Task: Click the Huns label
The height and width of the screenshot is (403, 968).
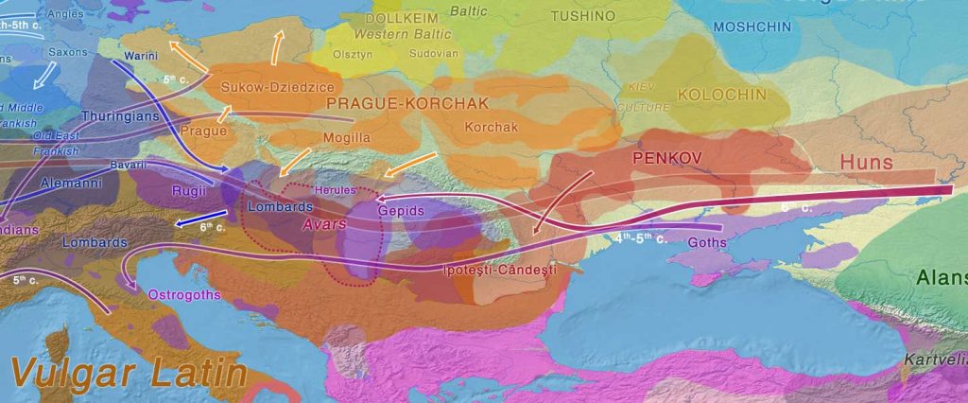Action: (866, 163)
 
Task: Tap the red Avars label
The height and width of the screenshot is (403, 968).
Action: (324, 225)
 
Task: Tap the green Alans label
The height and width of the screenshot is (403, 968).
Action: (940, 278)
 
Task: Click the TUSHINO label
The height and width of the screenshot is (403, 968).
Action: (582, 17)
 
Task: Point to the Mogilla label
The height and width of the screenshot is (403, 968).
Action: (344, 138)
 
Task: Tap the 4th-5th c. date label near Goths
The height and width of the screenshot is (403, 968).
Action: (640, 238)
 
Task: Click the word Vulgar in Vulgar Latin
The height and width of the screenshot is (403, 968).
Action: (62, 373)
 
